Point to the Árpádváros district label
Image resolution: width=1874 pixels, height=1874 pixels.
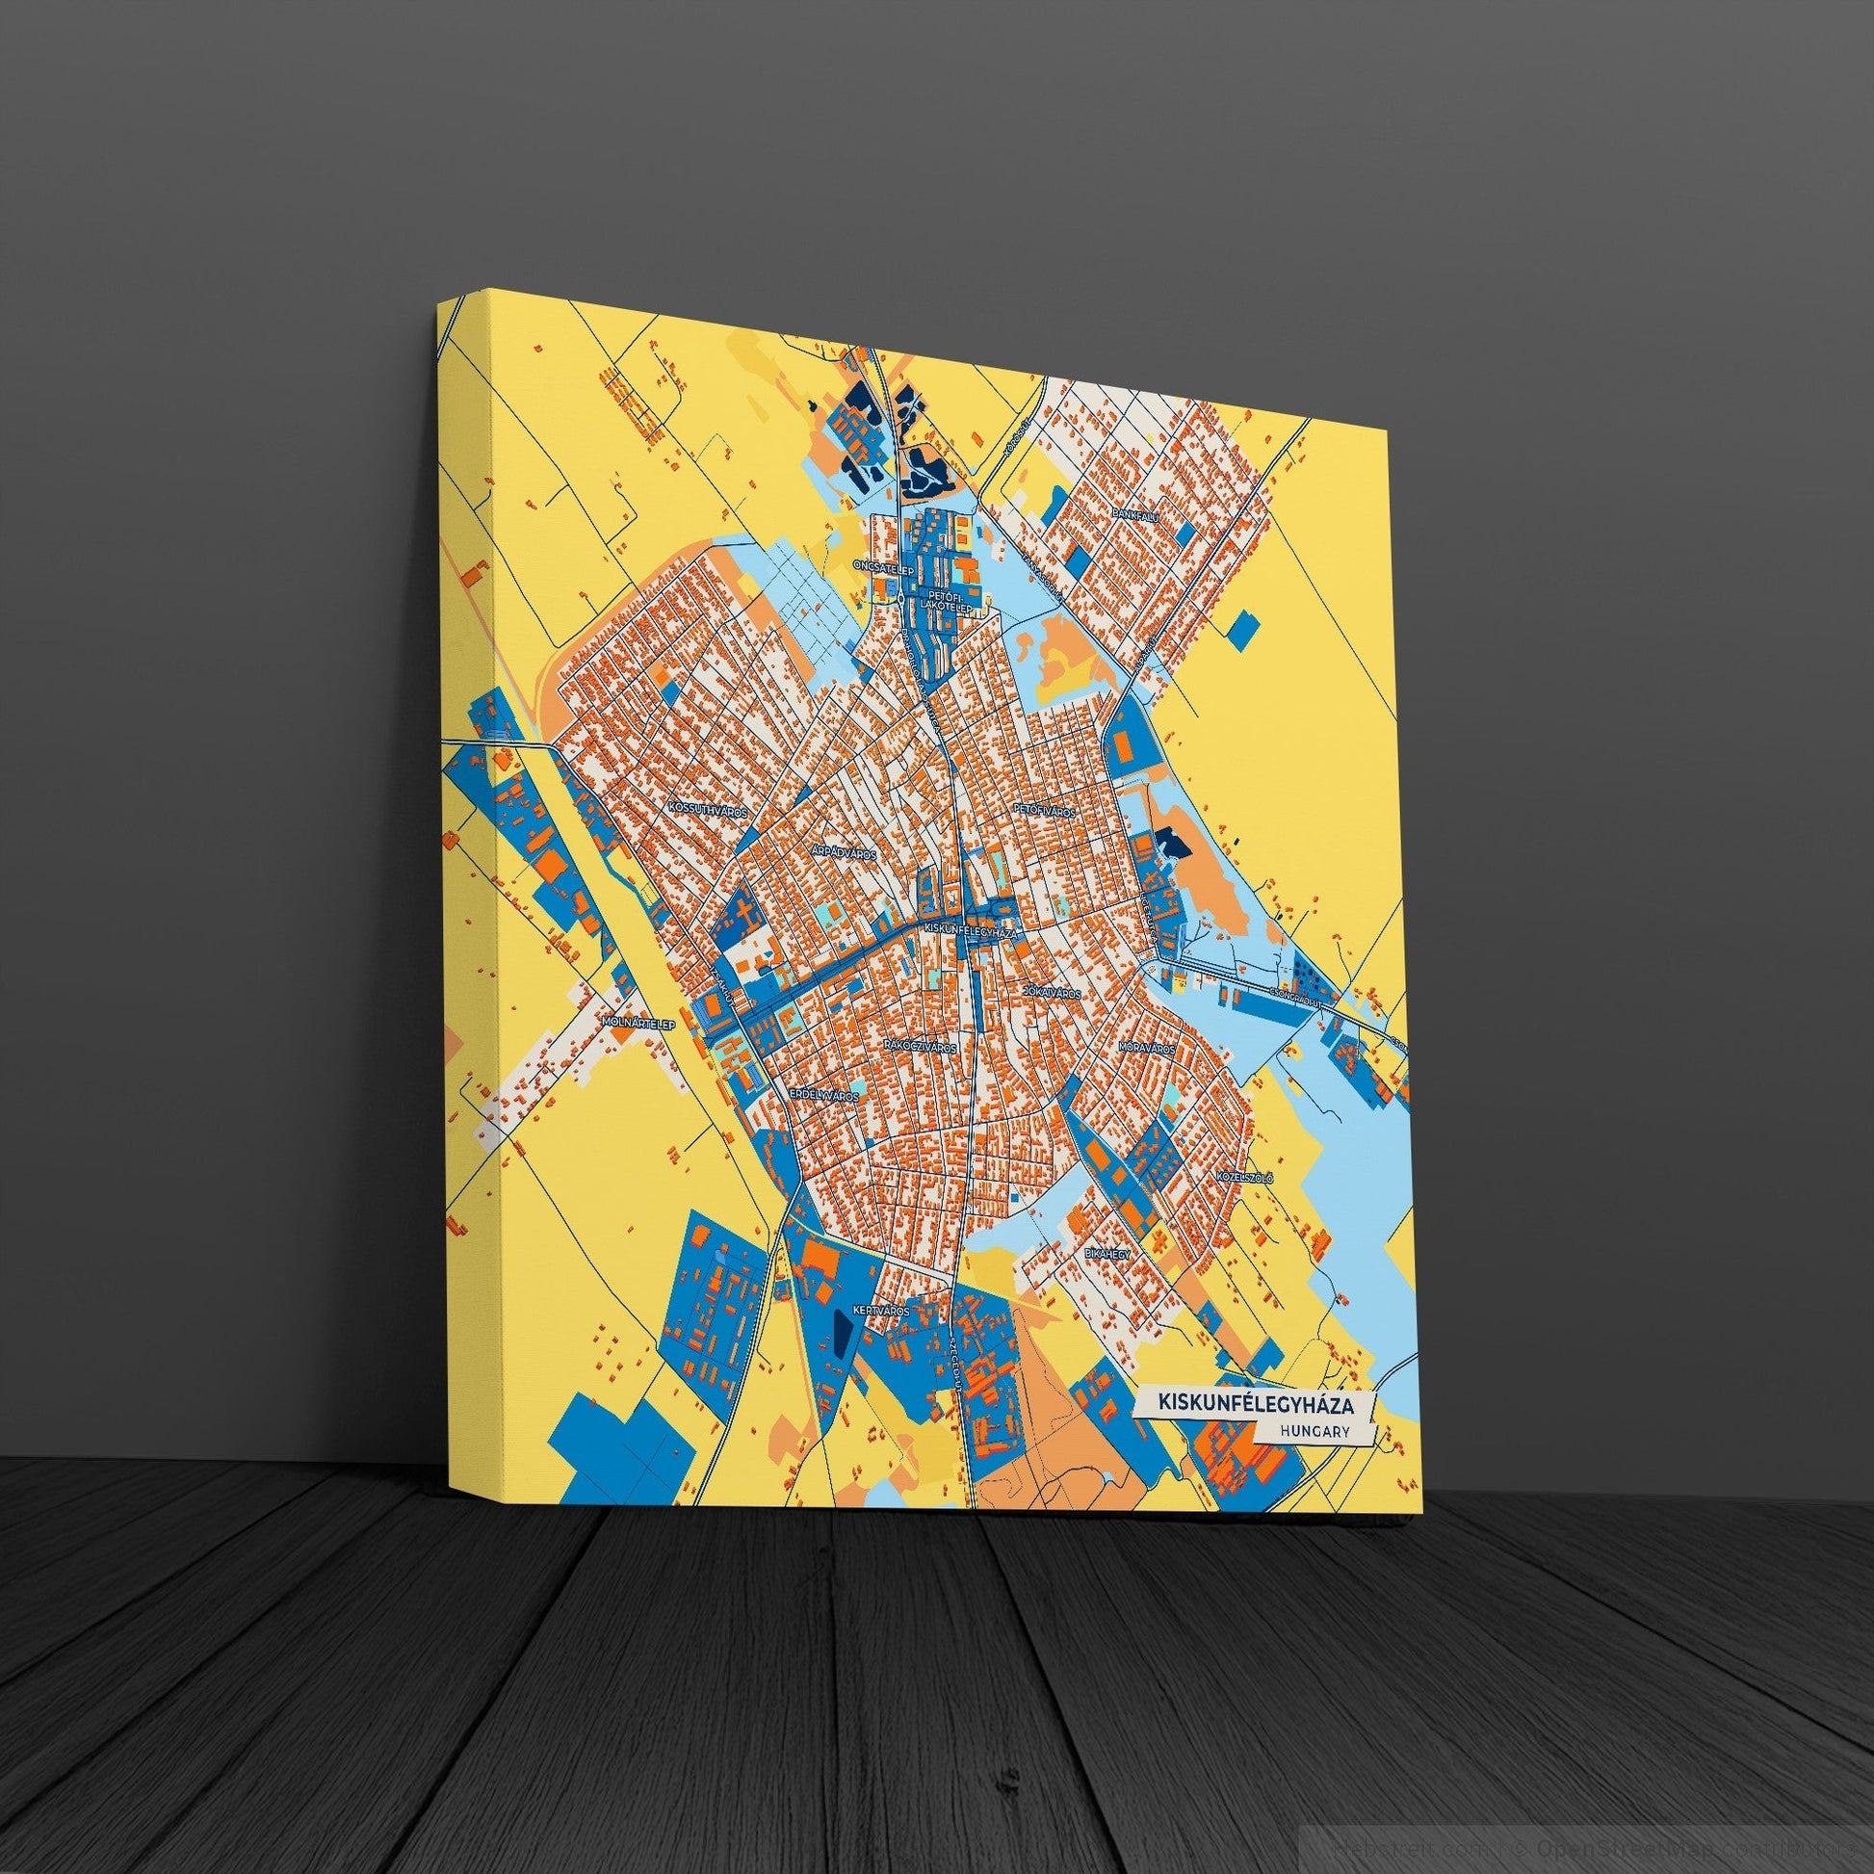tap(844, 853)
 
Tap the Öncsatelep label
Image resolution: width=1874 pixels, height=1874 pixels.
tap(882, 561)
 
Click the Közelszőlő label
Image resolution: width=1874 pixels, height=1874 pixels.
tap(1245, 1178)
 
